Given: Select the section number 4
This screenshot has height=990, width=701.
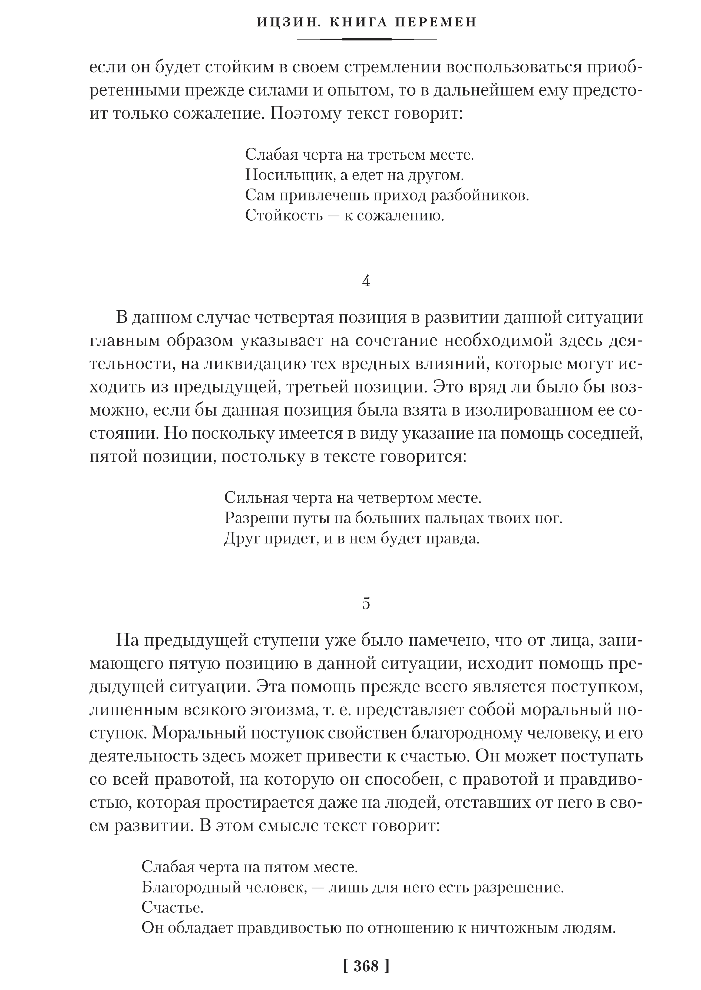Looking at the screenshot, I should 366,281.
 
